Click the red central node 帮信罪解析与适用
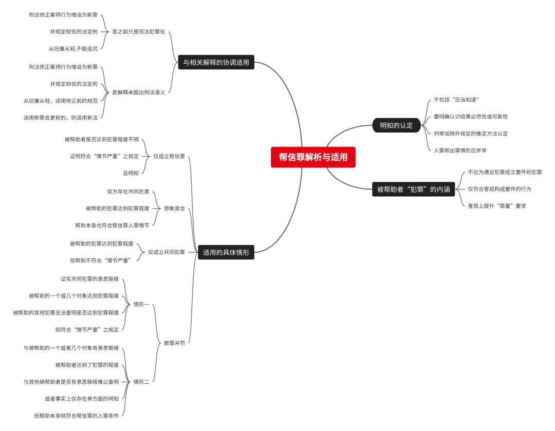[x=313, y=157]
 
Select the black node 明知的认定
[x=396, y=125]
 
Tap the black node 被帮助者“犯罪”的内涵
[x=413, y=189]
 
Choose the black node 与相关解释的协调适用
[x=216, y=62]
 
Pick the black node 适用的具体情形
[x=226, y=252]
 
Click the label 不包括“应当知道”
[x=456, y=100]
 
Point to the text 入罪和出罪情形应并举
[x=460, y=151]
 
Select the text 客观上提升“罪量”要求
[x=496, y=206]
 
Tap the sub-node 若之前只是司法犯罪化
[x=139, y=31]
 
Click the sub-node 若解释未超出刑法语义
[x=139, y=92]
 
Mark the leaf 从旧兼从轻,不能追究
[x=73, y=49]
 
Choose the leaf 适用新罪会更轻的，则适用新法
[x=60, y=118]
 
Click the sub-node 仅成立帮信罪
[x=169, y=156]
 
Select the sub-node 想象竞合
[x=174, y=209]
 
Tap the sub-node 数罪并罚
[x=174, y=343]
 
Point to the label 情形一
[x=141, y=304]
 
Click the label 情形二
[x=141, y=382]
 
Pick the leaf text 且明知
[x=131, y=173]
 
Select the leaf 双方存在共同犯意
[x=128, y=192]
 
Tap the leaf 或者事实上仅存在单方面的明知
[x=82, y=399]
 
